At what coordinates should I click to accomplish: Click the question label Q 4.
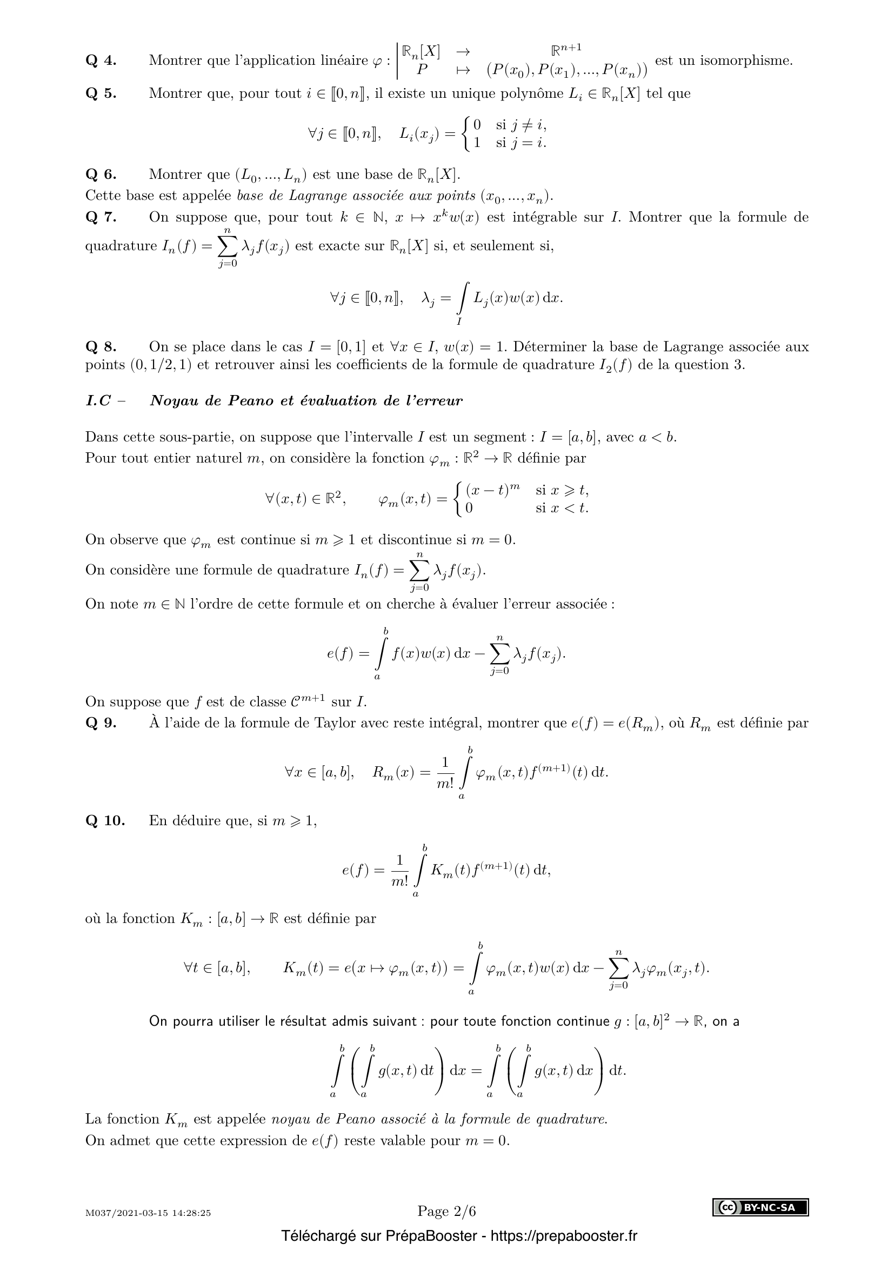coord(101,61)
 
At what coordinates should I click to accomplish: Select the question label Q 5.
coord(101,93)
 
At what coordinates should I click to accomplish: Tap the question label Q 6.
coord(101,175)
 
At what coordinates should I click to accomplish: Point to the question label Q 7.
coord(101,217)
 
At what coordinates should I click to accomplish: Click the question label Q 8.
coord(101,347)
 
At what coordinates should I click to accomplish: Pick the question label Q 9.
coord(101,723)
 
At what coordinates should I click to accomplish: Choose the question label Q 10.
coord(105,821)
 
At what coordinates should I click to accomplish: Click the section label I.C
coord(99,401)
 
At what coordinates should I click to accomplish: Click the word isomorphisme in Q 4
coord(746,61)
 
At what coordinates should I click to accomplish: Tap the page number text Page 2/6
coord(446,1211)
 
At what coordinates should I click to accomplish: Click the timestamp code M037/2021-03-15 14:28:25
coord(148,1213)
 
